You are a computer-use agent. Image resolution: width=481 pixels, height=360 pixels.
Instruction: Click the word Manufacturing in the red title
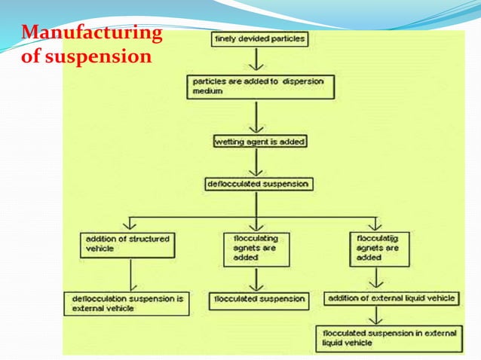[x=91, y=33]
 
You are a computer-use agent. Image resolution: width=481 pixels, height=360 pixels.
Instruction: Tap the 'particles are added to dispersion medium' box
[x=260, y=86]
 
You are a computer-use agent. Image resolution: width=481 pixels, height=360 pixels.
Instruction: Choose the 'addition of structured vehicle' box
[x=129, y=243]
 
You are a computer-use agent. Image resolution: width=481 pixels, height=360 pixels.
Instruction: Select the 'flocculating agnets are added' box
[x=256, y=247]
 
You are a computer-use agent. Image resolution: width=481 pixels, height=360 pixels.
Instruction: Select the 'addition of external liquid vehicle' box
[x=391, y=299]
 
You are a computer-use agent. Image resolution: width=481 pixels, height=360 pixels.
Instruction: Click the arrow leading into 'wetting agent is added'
[x=259, y=117]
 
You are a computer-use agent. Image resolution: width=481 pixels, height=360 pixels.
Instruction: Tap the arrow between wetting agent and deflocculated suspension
[x=259, y=161]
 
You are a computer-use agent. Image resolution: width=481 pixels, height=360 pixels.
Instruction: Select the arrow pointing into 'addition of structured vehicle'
[x=132, y=223]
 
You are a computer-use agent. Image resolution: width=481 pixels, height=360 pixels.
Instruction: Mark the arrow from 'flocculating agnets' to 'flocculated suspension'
[x=258, y=278]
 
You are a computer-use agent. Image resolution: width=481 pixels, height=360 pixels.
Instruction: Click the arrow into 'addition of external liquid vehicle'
[x=375, y=278]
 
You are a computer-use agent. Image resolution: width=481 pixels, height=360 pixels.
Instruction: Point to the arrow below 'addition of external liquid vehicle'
[x=375, y=315]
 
